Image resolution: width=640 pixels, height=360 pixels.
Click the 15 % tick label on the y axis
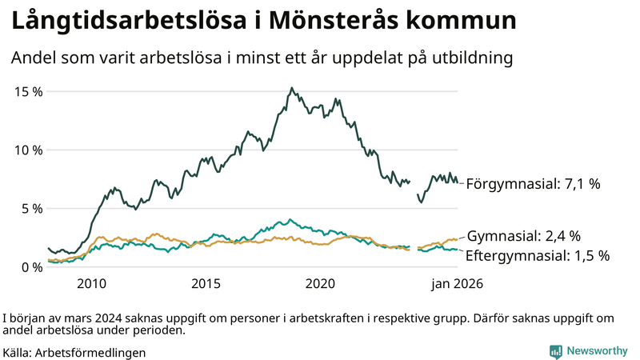(28, 91)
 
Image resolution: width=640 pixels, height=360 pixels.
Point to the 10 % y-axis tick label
(28, 150)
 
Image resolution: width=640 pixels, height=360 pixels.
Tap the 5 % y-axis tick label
(31, 208)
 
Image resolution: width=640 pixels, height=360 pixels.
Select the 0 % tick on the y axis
(31, 267)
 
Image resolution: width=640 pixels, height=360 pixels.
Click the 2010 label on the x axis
(91, 283)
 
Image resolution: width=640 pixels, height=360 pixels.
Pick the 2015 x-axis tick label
(206, 283)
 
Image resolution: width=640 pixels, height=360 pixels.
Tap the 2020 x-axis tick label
(321, 283)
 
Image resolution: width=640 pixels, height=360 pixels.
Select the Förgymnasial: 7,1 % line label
(533, 184)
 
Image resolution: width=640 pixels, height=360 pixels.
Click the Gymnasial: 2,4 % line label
(524, 236)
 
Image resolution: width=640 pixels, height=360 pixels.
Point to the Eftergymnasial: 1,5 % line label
(538, 256)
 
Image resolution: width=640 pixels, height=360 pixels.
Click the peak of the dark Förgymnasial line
(292, 88)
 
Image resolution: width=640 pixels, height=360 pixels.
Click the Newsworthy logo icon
(555, 351)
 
